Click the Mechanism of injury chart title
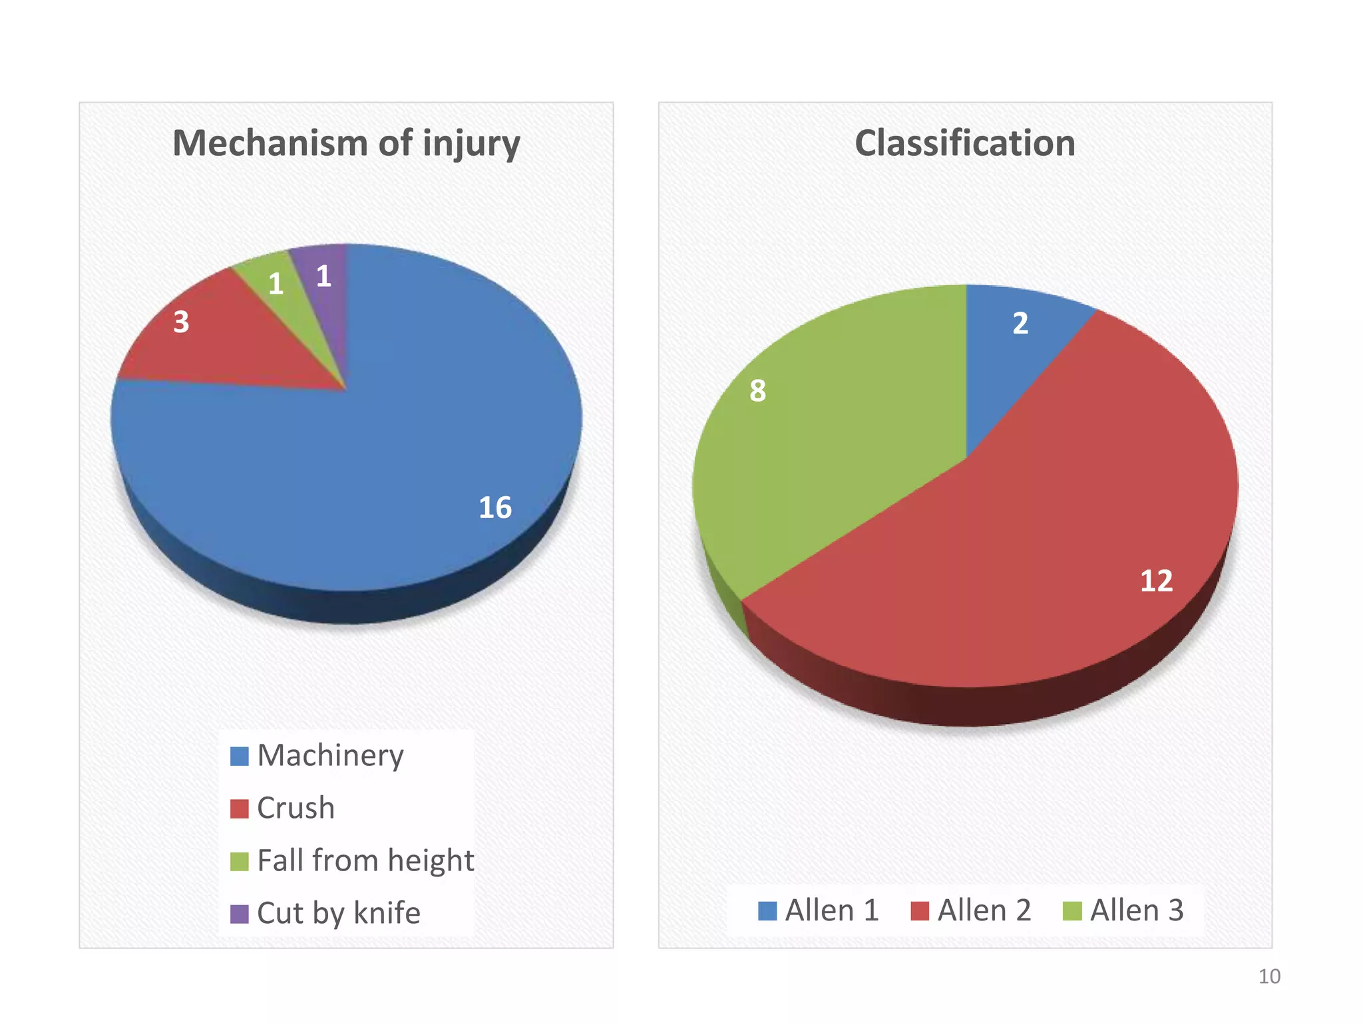click(x=346, y=143)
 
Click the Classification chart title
click(x=964, y=143)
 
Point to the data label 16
click(x=495, y=508)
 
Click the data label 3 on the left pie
click(x=181, y=322)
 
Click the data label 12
click(x=1156, y=581)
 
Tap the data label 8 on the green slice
click(x=757, y=391)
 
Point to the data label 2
click(x=1020, y=324)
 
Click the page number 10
click(x=1268, y=976)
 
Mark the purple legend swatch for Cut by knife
click(x=239, y=914)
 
